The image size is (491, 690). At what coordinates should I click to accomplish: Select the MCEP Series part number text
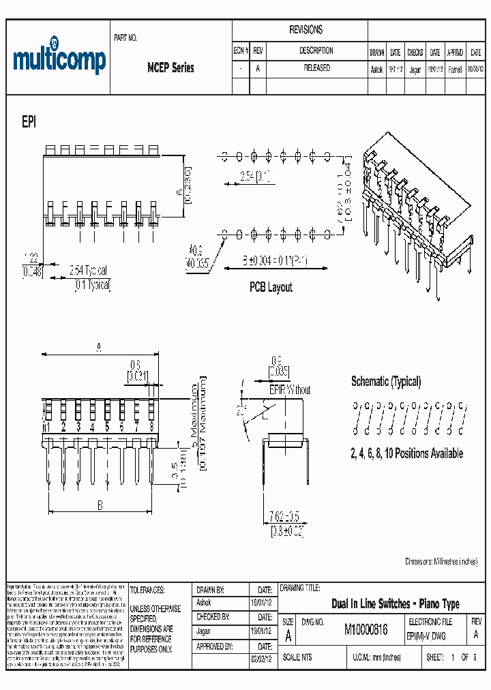tap(170, 67)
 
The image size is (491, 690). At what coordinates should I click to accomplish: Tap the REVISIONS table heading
tap(306, 30)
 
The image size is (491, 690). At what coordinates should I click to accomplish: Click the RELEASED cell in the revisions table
tap(316, 68)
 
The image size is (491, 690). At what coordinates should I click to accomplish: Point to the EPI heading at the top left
tap(29, 121)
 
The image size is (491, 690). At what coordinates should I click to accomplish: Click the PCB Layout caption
tap(271, 287)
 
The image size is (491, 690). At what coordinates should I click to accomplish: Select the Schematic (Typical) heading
tap(386, 381)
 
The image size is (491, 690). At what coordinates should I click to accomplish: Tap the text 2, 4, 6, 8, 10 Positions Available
tap(406, 453)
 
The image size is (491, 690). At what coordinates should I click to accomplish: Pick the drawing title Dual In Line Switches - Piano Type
tap(395, 603)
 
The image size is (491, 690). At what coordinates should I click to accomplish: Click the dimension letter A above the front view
tap(98, 348)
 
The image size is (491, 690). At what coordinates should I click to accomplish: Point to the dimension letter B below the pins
tap(100, 505)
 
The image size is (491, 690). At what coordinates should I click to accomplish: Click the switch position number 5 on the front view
tap(107, 427)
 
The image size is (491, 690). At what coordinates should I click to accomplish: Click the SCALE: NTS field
tap(297, 657)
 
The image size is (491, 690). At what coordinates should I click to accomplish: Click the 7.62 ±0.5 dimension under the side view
tap(285, 515)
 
